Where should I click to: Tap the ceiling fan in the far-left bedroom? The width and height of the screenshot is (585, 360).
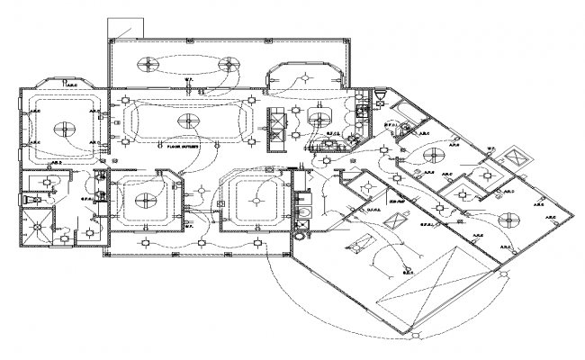(x=64, y=128)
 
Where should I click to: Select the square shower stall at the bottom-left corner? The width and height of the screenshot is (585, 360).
(x=38, y=227)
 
